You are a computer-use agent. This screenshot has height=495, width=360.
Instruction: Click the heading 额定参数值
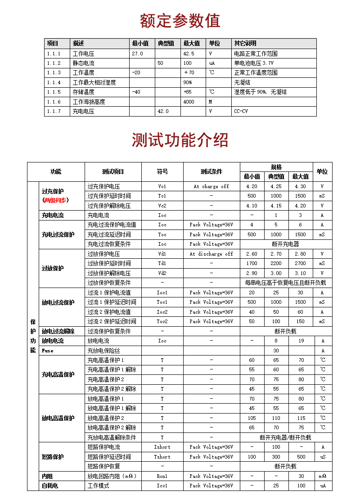(180, 21)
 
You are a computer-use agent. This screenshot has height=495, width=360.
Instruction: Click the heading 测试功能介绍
(180, 140)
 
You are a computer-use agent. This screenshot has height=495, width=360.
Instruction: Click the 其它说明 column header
(245, 44)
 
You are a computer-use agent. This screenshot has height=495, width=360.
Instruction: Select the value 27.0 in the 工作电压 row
(137, 54)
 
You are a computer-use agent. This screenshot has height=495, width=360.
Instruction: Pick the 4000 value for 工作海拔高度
(189, 102)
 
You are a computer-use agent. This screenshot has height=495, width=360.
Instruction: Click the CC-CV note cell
(241, 111)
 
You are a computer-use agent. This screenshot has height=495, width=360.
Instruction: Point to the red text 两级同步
(55, 200)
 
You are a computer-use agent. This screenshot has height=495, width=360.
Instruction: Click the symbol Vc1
(162, 186)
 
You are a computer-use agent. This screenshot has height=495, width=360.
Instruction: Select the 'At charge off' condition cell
(211, 186)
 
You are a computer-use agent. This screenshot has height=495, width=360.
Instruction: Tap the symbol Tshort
(162, 457)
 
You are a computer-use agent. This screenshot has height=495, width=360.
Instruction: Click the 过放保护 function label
(53, 268)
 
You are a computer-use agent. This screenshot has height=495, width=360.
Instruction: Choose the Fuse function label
(47, 351)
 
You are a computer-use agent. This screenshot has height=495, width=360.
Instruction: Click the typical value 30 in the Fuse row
(276, 351)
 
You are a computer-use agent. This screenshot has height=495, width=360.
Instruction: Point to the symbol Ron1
(162, 476)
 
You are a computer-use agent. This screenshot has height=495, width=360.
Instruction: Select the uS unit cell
(322, 457)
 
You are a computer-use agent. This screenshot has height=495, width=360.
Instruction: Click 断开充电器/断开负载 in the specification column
(285, 437)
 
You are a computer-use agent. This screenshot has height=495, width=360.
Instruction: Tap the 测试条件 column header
(211, 171)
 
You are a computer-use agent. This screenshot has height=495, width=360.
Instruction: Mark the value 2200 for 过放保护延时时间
(276, 263)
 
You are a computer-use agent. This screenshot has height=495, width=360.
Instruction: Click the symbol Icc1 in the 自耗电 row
(162, 486)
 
